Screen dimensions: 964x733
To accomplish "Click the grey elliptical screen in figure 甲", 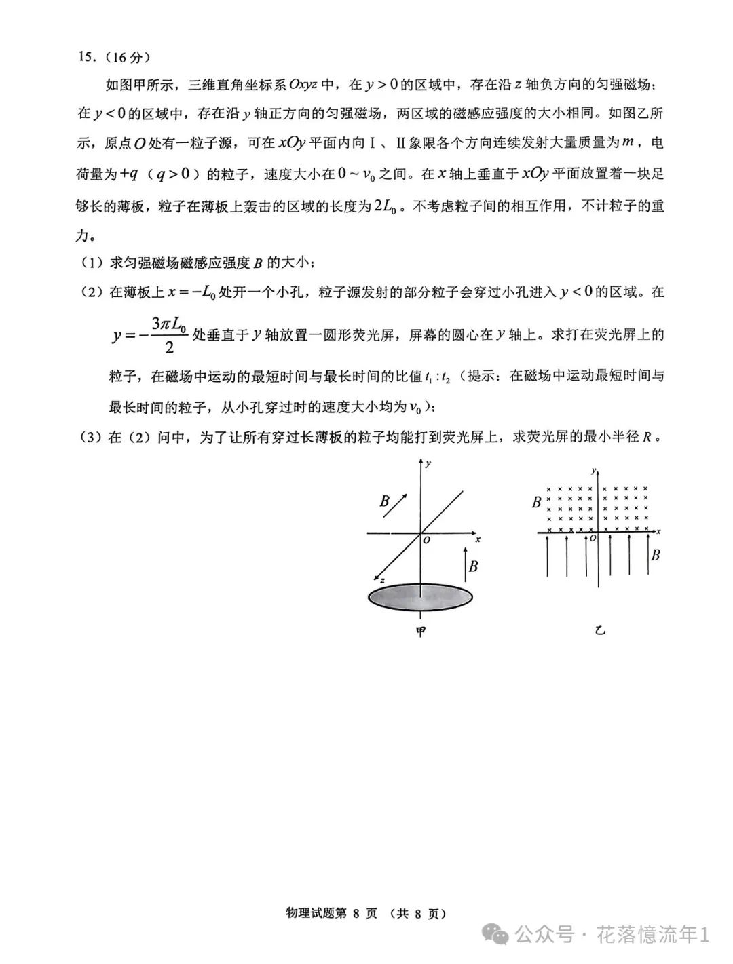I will [x=420, y=596].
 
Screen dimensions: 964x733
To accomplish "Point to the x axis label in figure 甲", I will [x=478, y=539].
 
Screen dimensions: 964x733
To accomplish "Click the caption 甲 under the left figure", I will [x=421, y=631].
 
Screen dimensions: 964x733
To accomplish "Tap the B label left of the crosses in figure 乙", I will [x=536, y=503].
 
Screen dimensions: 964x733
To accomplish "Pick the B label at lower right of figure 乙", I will [x=655, y=555].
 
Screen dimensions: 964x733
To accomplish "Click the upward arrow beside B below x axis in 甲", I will [x=465, y=564].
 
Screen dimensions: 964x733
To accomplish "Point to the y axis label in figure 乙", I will [x=593, y=470].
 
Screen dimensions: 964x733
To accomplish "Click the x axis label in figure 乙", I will [x=659, y=529].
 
